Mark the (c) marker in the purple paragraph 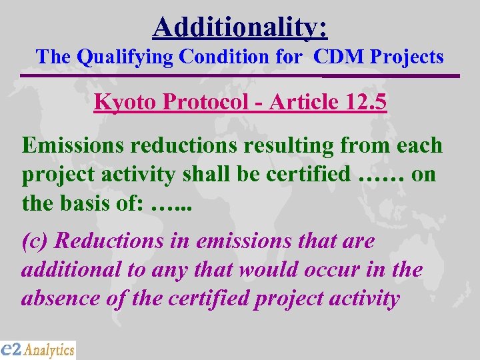coord(34,241)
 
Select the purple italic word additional coord(66,269)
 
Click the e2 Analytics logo coord(38,349)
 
